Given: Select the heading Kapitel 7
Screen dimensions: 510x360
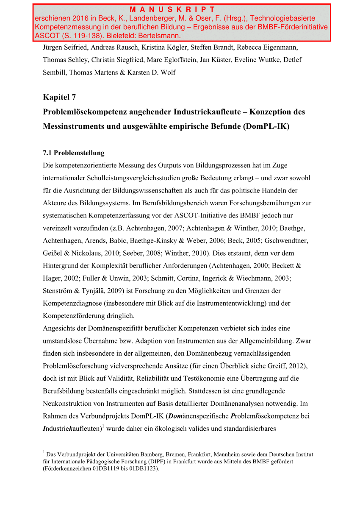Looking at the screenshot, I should pyautogui.click(x=59, y=97).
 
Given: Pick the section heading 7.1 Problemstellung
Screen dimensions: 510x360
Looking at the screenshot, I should pyautogui.click(x=73, y=153).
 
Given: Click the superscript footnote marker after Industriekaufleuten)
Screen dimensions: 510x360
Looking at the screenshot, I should pyautogui.click(x=102, y=425).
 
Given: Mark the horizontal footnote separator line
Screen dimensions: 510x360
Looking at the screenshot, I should pyautogui.click(x=86, y=447).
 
